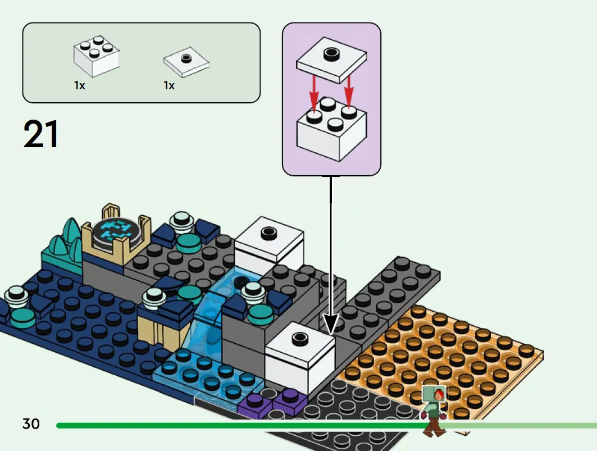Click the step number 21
tap(41, 134)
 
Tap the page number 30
tap(31, 423)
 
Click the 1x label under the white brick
tap(80, 85)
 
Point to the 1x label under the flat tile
tap(169, 85)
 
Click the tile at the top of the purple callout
tap(331, 60)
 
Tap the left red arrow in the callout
tap(314, 94)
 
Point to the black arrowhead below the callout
tap(330, 325)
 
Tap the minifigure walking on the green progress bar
tap(434, 411)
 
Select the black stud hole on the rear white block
tap(269, 232)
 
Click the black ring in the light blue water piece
tap(241, 283)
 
